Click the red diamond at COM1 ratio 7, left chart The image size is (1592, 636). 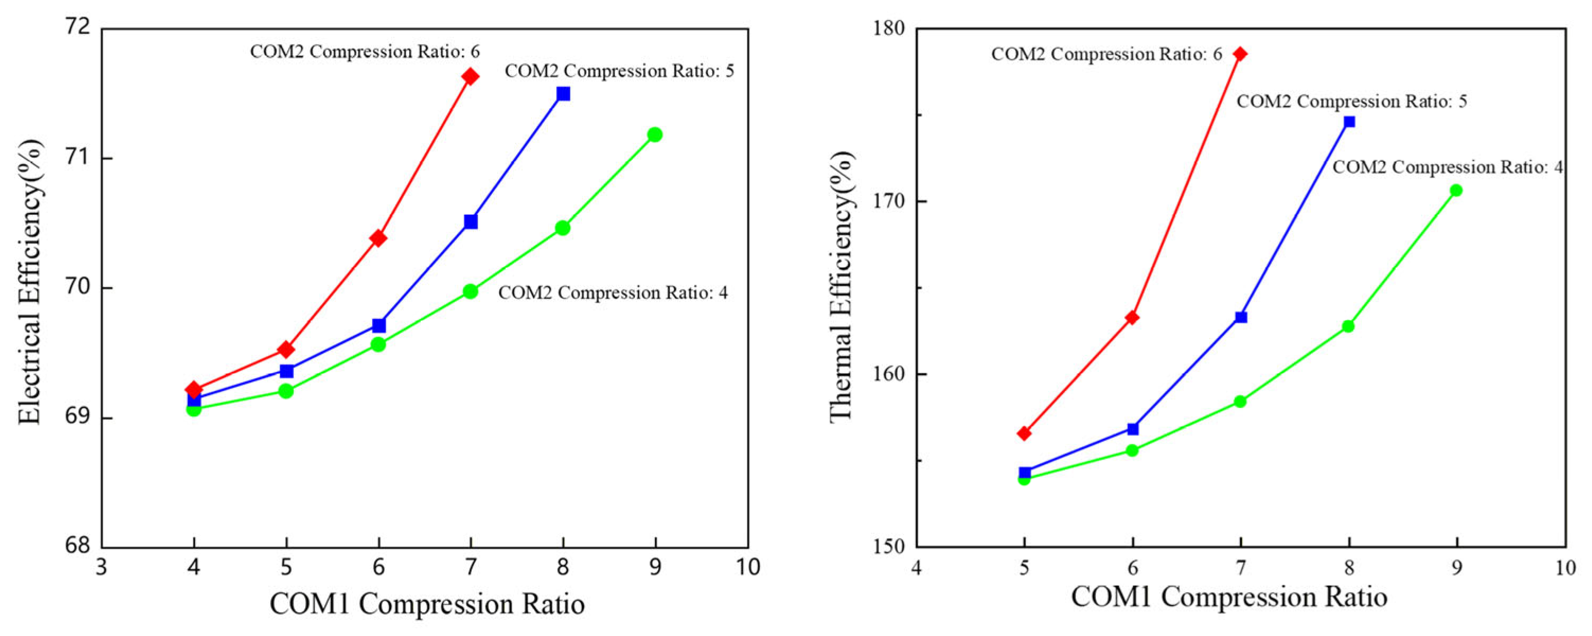470,77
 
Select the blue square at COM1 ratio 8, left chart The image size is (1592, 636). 563,94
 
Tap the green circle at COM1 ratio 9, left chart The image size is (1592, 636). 655,135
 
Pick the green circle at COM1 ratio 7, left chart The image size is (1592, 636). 470,291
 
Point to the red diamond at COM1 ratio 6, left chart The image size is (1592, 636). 378,238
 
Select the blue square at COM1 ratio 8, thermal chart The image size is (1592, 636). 1349,122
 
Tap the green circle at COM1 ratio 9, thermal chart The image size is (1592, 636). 1456,190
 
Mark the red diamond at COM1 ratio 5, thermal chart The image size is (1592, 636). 1024,433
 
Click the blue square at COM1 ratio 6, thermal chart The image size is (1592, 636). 1133,429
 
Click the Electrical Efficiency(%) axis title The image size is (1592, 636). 30,282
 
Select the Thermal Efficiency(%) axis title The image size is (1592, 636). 841,287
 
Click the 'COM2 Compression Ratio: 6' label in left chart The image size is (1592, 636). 365,51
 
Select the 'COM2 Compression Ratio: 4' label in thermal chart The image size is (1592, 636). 1447,167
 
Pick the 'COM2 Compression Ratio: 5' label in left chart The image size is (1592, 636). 619,71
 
